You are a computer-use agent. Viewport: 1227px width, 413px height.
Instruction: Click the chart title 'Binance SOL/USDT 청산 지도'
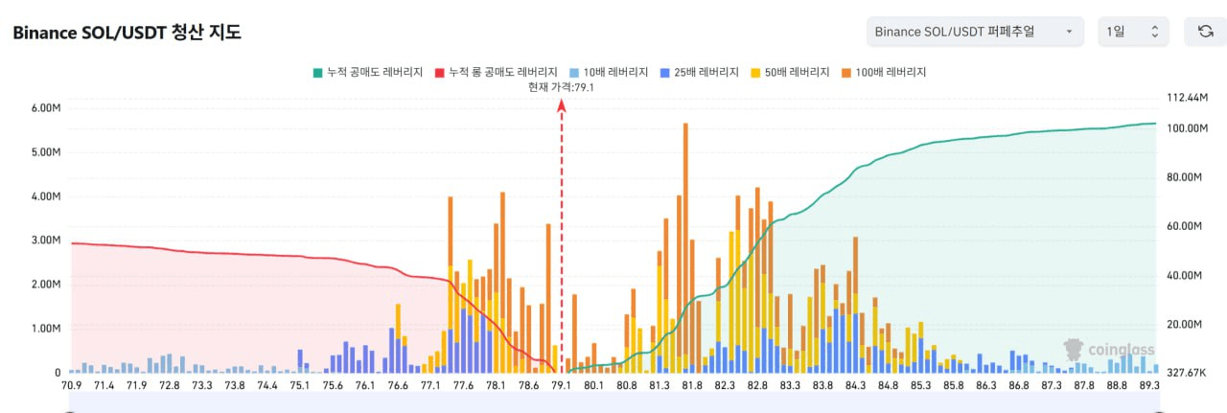click(127, 33)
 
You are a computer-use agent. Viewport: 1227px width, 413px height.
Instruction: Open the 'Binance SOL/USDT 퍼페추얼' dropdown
click(974, 32)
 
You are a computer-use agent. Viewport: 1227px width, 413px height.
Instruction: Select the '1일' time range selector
click(1132, 32)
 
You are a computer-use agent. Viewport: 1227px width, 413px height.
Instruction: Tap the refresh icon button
click(1205, 32)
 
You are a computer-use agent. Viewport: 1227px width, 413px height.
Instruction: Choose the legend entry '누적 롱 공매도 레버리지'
click(496, 72)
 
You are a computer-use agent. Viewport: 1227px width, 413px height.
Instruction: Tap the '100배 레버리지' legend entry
click(884, 72)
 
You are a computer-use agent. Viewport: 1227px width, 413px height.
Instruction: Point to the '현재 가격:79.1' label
click(561, 87)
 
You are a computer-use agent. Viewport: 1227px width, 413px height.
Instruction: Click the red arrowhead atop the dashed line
click(562, 105)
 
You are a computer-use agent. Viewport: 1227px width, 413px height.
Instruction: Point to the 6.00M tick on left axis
click(45, 108)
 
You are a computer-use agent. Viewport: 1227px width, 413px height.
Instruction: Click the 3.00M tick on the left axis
click(45, 241)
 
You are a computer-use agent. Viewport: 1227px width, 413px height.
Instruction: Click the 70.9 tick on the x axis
click(71, 385)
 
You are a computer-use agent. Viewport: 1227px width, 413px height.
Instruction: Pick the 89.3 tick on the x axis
click(1147, 385)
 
